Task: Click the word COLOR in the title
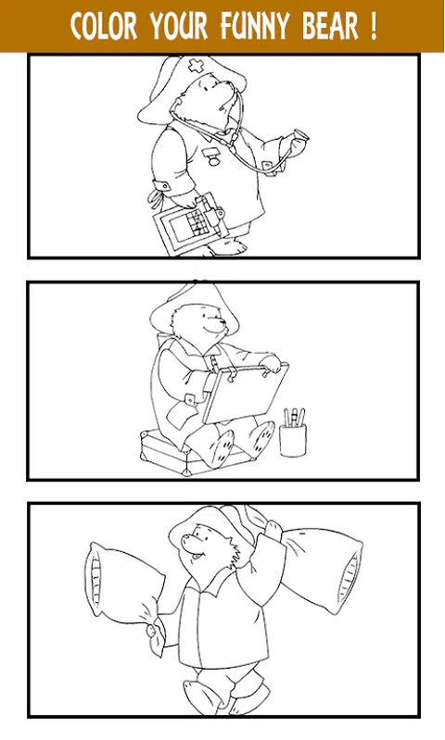(104, 26)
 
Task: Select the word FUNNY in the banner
(255, 26)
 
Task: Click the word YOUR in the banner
(179, 26)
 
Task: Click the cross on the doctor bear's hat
(196, 66)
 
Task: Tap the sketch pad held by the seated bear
(245, 392)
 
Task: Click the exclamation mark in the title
(374, 26)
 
